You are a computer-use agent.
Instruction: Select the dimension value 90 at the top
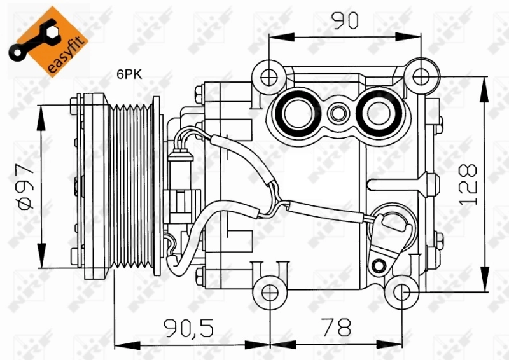pyautogui.click(x=345, y=21)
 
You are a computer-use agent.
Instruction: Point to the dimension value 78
pyautogui.click(x=337, y=328)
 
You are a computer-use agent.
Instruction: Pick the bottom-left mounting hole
pyautogui.click(x=270, y=293)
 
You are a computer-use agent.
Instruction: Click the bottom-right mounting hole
pyautogui.click(x=401, y=293)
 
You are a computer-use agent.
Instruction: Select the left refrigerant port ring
pyautogui.click(x=296, y=114)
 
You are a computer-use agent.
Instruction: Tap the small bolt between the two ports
pyautogui.click(x=337, y=115)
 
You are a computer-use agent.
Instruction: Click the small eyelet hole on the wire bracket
pyautogui.click(x=380, y=263)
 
